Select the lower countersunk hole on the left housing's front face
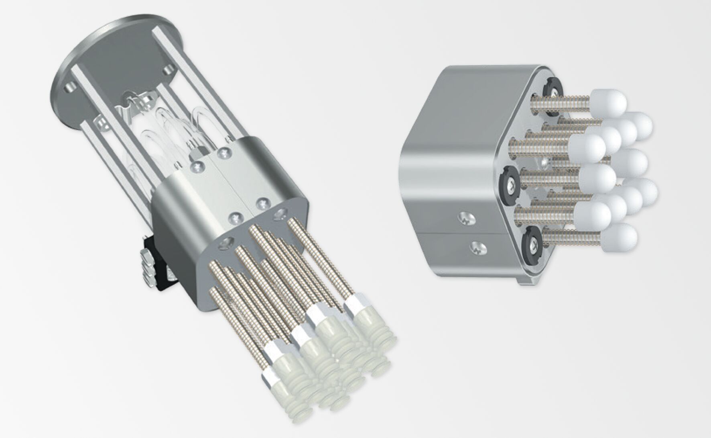tap(226, 243)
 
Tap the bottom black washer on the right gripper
tap(532, 244)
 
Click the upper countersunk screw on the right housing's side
tap(466, 219)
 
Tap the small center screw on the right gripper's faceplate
tap(544, 162)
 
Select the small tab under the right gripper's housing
tap(525, 281)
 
